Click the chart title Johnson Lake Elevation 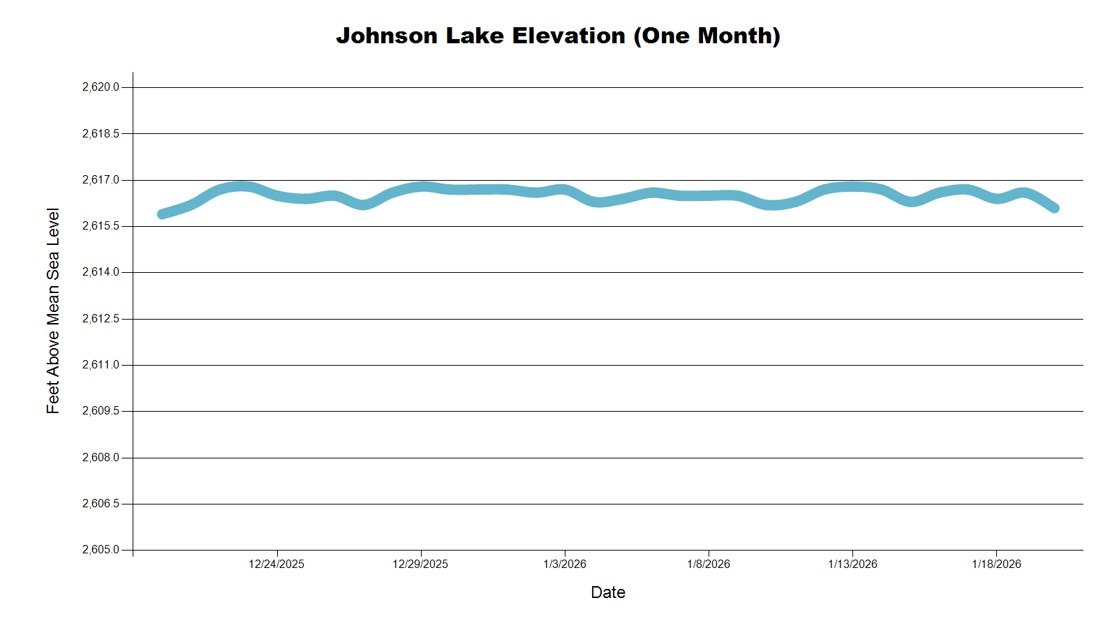point(558,36)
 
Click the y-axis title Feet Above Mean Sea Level point(53,311)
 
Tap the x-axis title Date point(607,592)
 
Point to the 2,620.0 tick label point(101,87)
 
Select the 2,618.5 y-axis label point(101,133)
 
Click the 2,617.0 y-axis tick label point(101,180)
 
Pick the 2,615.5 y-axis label point(101,226)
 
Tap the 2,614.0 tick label point(101,272)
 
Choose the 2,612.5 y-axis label point(101,319)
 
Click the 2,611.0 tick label point(101,365)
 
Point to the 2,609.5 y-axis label point(101,411)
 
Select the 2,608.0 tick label point(101,458)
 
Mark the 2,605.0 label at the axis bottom point(101,550)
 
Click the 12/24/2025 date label point(276,564)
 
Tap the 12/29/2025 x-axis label point(420,564)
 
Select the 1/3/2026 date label point(565,564)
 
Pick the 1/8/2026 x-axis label point(709,564)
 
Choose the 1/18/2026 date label point(996,564)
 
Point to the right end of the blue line point(1055,208)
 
